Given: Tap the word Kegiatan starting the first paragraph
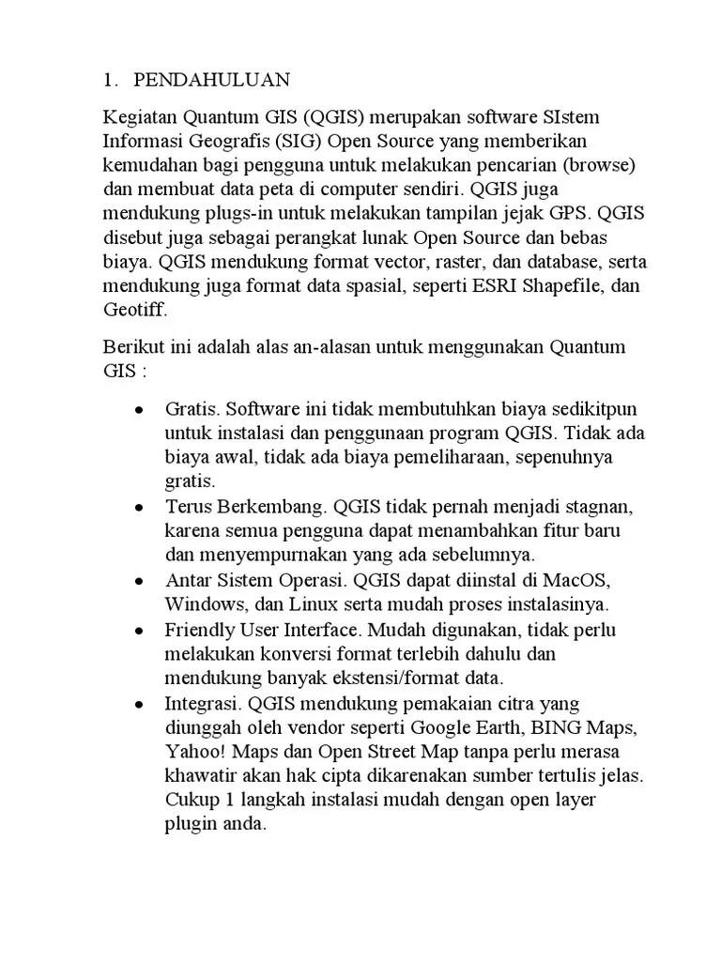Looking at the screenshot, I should click(x=140, y=119).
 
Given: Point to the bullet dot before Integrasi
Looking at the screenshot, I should click(x=139, y=704).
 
